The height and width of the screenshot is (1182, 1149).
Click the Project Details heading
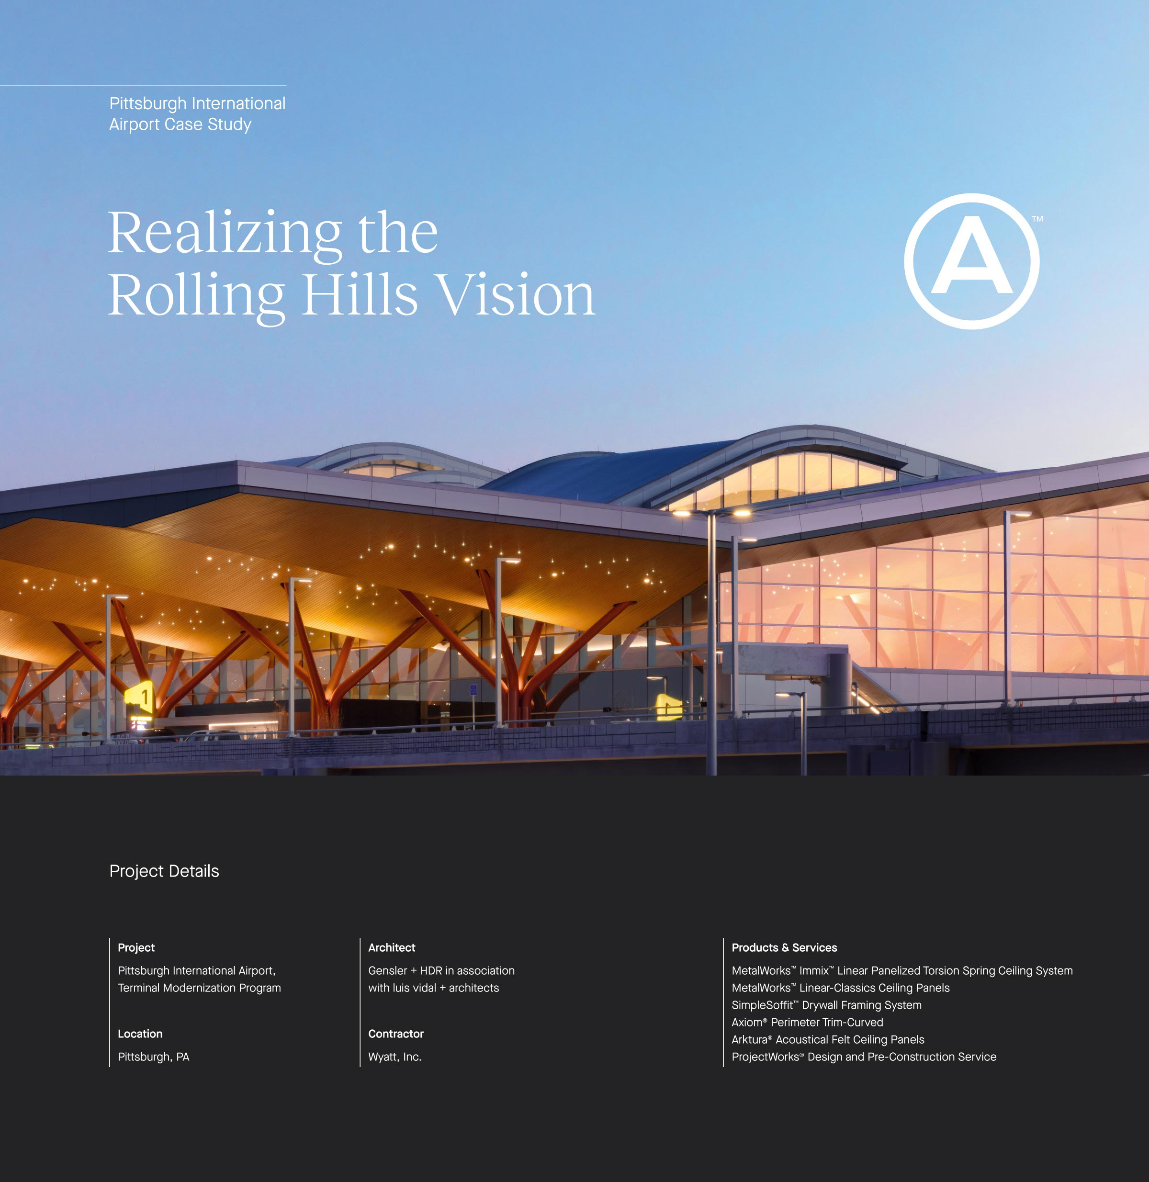coord(164,871)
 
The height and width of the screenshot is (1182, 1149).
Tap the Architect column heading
coord(392,947)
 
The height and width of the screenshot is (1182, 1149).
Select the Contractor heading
coord(396,1034)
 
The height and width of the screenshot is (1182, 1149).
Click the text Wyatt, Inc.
coord(394,1057)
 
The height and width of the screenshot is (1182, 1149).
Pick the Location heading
coord(140,1034)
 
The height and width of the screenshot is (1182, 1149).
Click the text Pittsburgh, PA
coord(153,1057)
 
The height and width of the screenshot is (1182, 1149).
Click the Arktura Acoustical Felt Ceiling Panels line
coord(827,1040)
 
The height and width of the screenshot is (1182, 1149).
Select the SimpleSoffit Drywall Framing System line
coord(826,1005)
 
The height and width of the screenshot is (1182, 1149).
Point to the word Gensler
coord(387,971)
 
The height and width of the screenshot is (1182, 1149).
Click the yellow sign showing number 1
coord(140,698)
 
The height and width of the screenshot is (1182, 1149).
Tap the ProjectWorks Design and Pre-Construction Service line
coord(864,1057)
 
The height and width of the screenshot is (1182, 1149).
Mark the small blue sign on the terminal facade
coord(473,690)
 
